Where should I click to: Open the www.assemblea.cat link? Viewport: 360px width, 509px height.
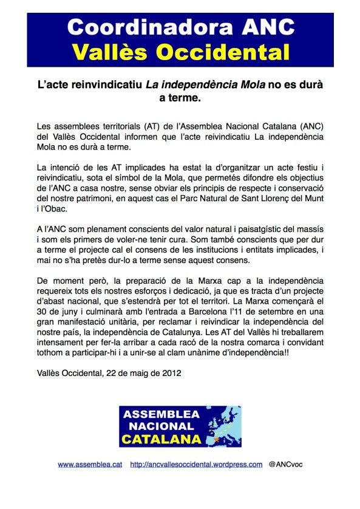click(x=90, y=465)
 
